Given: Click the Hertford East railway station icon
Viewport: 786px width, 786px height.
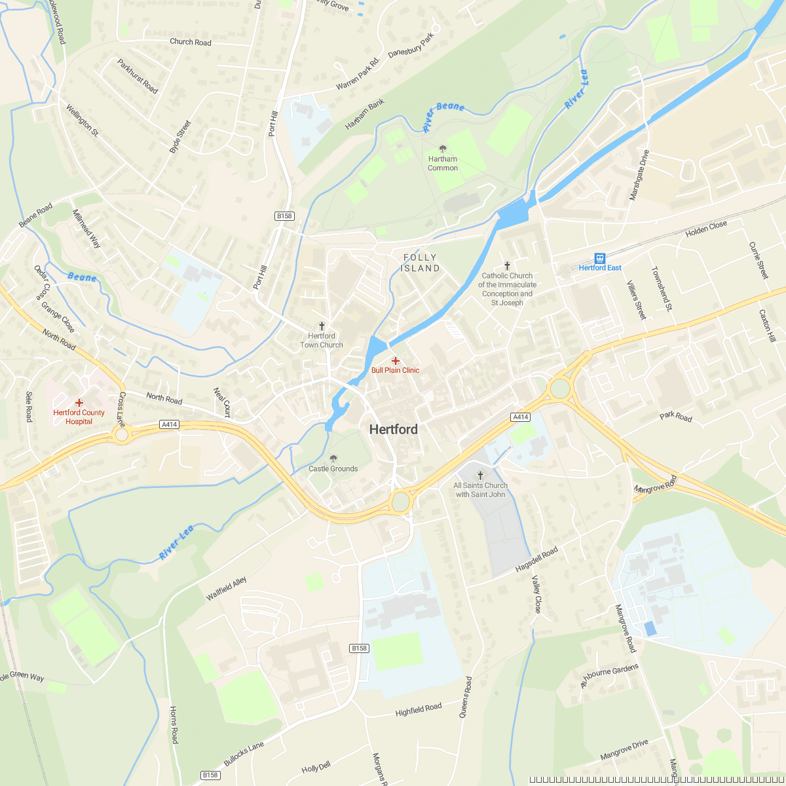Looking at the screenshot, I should coord(599,258).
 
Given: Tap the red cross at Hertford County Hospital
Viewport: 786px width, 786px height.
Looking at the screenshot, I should coord(79,403).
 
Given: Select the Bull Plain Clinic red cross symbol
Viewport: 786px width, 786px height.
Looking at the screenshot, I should coord(396,361).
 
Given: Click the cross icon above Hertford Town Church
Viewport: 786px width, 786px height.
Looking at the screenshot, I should coord(322,326).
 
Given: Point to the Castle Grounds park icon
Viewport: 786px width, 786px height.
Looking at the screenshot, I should coord(333,458).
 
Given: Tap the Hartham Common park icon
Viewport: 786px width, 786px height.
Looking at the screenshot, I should coord(443,149).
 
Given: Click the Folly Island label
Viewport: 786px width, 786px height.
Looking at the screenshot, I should coord(420,263).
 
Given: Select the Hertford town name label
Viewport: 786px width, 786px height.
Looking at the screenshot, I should coord(393,430).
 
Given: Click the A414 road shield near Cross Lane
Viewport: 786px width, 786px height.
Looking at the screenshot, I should coord(169,424).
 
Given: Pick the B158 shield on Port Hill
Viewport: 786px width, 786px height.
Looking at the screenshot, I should coord(284,216).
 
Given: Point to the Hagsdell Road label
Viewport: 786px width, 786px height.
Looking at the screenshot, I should coord(536,560).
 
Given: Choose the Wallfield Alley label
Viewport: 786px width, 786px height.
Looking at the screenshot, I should coord(226,589).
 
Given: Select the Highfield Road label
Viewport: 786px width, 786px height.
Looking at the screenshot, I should coord(419,709).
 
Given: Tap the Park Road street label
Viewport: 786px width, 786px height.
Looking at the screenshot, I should coord(676,417).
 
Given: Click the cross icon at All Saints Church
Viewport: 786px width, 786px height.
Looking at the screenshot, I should coord(480,476).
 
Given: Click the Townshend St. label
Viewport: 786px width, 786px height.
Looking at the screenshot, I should coord(662,288).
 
